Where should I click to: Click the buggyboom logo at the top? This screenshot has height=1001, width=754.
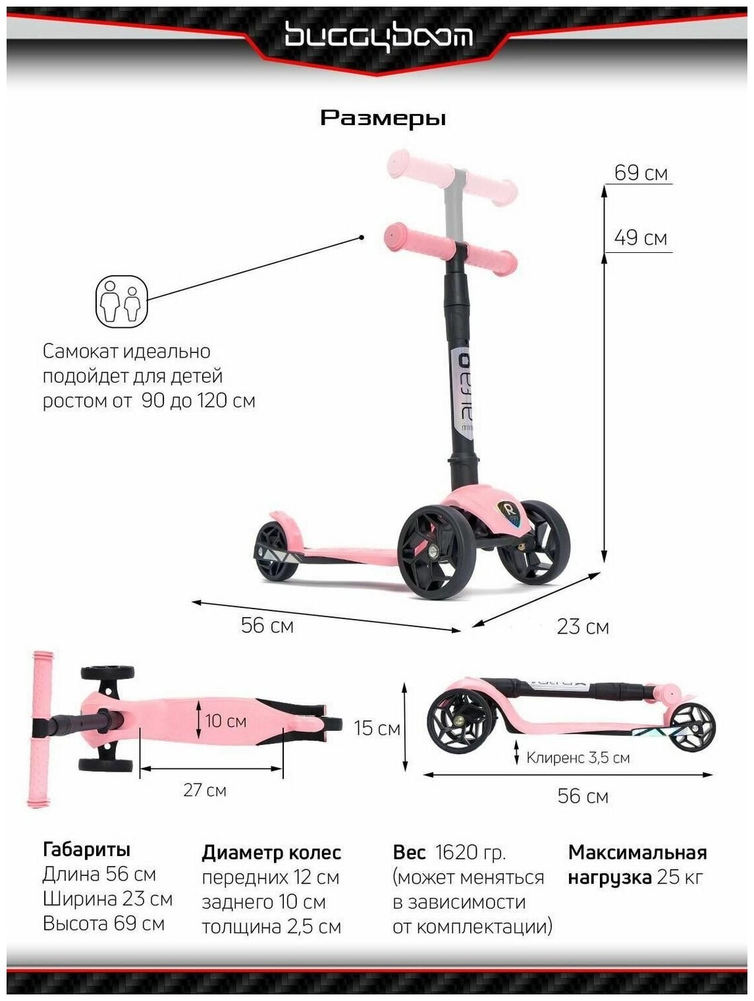[377, 36]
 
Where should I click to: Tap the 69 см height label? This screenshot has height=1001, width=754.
[640, 173]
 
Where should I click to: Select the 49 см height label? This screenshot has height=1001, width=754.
[640, 238]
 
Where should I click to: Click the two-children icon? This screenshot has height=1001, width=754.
[122, 302]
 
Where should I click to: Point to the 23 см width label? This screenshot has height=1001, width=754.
[583, 626]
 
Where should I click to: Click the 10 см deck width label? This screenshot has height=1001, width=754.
[226, 721]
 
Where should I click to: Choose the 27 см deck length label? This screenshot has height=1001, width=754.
[205, 790]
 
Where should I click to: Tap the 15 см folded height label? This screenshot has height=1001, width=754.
[377, 728]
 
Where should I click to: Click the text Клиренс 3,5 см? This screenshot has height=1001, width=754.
[578, 757]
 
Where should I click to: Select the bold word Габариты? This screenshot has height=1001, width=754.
[86, 850]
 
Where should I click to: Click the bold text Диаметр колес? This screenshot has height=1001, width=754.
[271, 852]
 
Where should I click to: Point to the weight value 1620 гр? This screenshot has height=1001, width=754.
[470, 852]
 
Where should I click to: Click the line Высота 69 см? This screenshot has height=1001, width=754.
[103, 923]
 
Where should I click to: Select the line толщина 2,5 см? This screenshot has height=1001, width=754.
[271, 927]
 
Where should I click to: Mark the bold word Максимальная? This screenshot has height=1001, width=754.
[637, 852]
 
